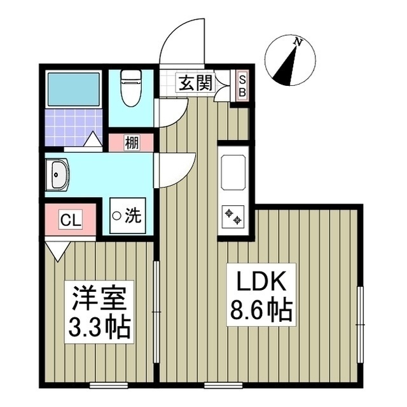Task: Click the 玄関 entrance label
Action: click(x=195, y=83)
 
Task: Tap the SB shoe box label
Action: click(x=242, y=85)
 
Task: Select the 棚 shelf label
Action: click(x=131, y=143)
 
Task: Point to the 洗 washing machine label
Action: click(x=132, y=216)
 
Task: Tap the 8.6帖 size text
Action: click(x=259, y=311)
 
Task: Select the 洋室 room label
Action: click(x=101, y=298)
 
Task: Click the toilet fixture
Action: click(x=130, y=90)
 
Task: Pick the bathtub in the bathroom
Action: click(x=74, y=90)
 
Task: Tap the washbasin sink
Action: click(x=57, y=174)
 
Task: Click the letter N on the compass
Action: click(x=297, y=42)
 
